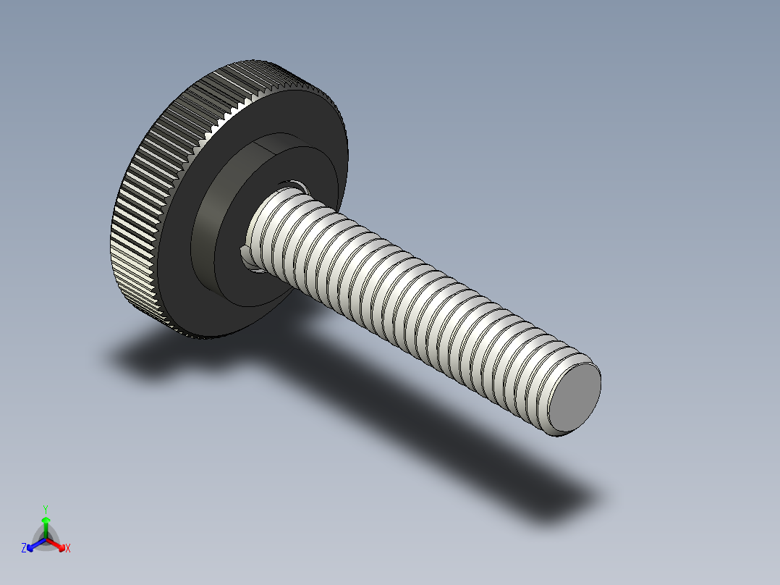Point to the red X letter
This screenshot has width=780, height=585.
tap(68, 549)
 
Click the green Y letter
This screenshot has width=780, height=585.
tap(46, 508)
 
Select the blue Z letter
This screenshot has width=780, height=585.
tap(24, 549)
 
